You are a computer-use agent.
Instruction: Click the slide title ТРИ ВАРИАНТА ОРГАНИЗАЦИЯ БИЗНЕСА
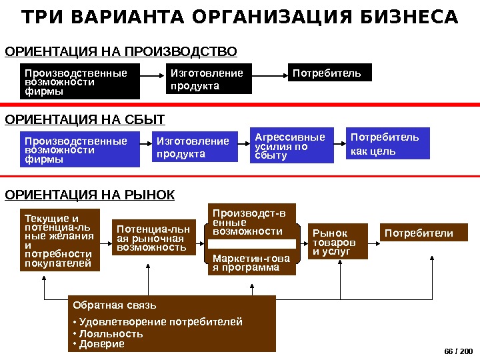[x=240, y=17]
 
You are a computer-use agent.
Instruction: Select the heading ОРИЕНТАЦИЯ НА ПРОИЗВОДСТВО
[x=121, y=51]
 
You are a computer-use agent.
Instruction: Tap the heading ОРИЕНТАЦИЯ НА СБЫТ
[x=85, y=119]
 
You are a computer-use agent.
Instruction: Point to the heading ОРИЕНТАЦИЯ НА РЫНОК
[x=90, y=195]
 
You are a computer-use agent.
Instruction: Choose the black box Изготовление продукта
[x=209, y=79]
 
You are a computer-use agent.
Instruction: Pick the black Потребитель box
[x=329, y=73]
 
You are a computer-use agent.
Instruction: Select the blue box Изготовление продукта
[x=196, y=147]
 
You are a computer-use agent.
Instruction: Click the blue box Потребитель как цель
[x=388, y=144]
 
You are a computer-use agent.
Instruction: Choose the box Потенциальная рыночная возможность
[x=153, y=238]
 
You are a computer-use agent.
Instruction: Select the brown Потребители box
[x=424, y=233]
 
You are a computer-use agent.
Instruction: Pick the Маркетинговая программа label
[x=251, y=263]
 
